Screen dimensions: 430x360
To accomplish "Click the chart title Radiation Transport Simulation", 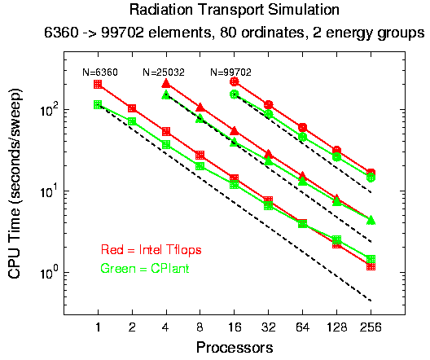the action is [x=235, y=10].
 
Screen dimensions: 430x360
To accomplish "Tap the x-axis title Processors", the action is [x=235, y=348].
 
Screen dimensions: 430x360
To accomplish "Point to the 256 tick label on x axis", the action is [x=371, y=327].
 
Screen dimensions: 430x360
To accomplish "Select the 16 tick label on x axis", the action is [x=234, y=327].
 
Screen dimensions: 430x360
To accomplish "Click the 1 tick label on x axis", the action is [x=98, y=327].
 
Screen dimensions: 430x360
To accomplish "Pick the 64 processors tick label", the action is [x=302, y=327].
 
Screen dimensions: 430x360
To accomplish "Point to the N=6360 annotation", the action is [x=100, y=72].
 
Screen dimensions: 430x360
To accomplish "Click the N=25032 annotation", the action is [x=164, y=72].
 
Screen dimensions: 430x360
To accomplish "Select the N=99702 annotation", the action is [x=231, y=72].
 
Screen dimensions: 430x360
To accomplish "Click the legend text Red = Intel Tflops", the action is [x=151, y=250].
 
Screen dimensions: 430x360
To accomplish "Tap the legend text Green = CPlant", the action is [x=145, y=268].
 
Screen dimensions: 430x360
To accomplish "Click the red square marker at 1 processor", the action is [x=98, y=84].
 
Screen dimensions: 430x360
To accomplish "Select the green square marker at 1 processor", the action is [x=98, y=104].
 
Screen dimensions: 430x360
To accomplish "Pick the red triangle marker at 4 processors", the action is [x=166, y=83].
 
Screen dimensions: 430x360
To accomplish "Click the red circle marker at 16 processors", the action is [x=235, y=81].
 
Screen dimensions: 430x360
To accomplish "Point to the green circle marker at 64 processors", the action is [x=302, y=137].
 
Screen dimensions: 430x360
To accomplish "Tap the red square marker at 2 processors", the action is [x=132, y=108].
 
